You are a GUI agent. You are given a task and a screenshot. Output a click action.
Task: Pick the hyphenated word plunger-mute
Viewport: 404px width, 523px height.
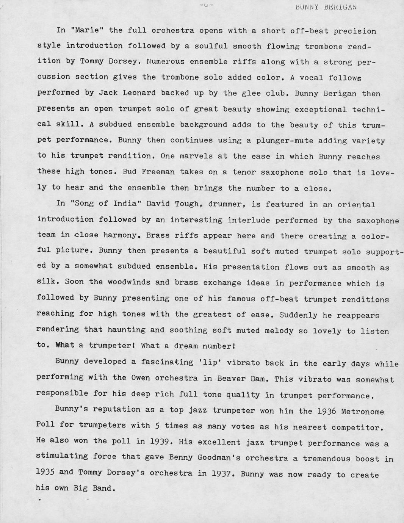(285, 141)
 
